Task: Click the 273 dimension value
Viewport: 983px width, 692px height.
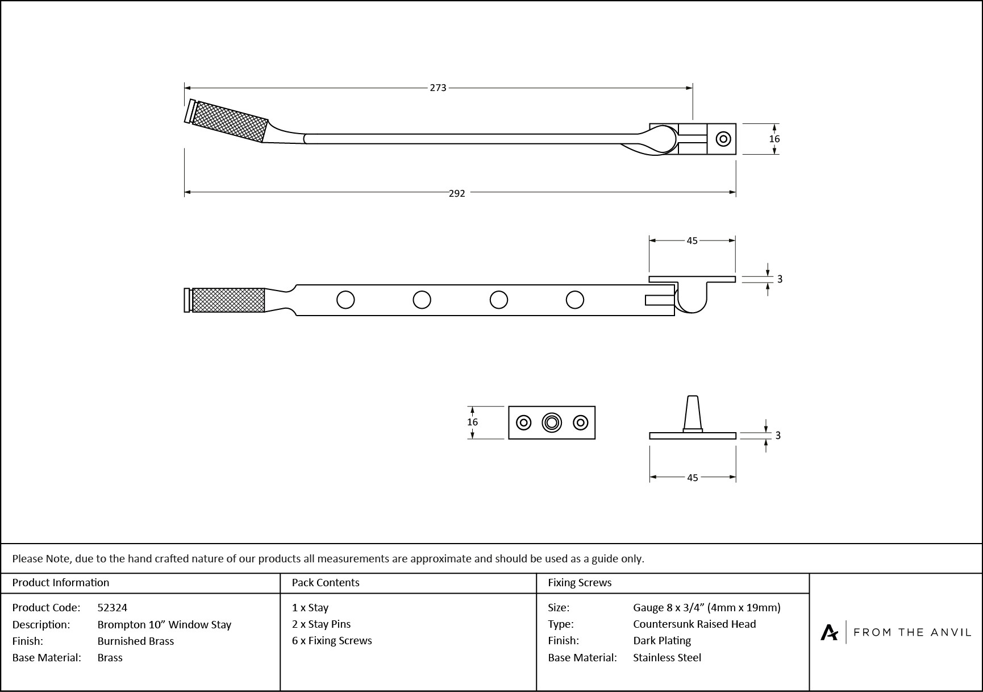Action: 438,88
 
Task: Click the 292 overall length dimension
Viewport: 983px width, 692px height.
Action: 457,193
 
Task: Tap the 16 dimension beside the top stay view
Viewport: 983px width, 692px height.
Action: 774,139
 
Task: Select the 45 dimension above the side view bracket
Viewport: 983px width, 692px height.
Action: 692,241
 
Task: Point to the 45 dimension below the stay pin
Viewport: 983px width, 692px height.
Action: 692,478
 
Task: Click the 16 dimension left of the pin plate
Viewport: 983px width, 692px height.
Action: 472,422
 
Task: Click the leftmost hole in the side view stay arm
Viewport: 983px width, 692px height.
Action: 345,300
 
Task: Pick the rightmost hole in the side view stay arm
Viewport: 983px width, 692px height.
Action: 574,300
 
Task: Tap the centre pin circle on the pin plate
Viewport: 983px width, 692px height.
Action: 551,422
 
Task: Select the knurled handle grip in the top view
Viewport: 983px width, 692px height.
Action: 230,121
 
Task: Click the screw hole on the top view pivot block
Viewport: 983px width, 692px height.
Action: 723,139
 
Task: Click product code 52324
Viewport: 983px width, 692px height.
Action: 112,608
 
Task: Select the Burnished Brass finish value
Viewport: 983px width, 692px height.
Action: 135,641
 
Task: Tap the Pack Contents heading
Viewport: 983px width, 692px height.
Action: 326,583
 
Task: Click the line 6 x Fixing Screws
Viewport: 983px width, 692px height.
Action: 332,641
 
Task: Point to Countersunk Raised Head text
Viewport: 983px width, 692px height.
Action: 694,624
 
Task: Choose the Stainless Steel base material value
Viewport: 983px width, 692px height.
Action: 667,658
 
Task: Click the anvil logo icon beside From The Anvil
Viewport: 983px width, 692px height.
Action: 829,632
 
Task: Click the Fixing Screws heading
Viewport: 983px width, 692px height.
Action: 580,583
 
